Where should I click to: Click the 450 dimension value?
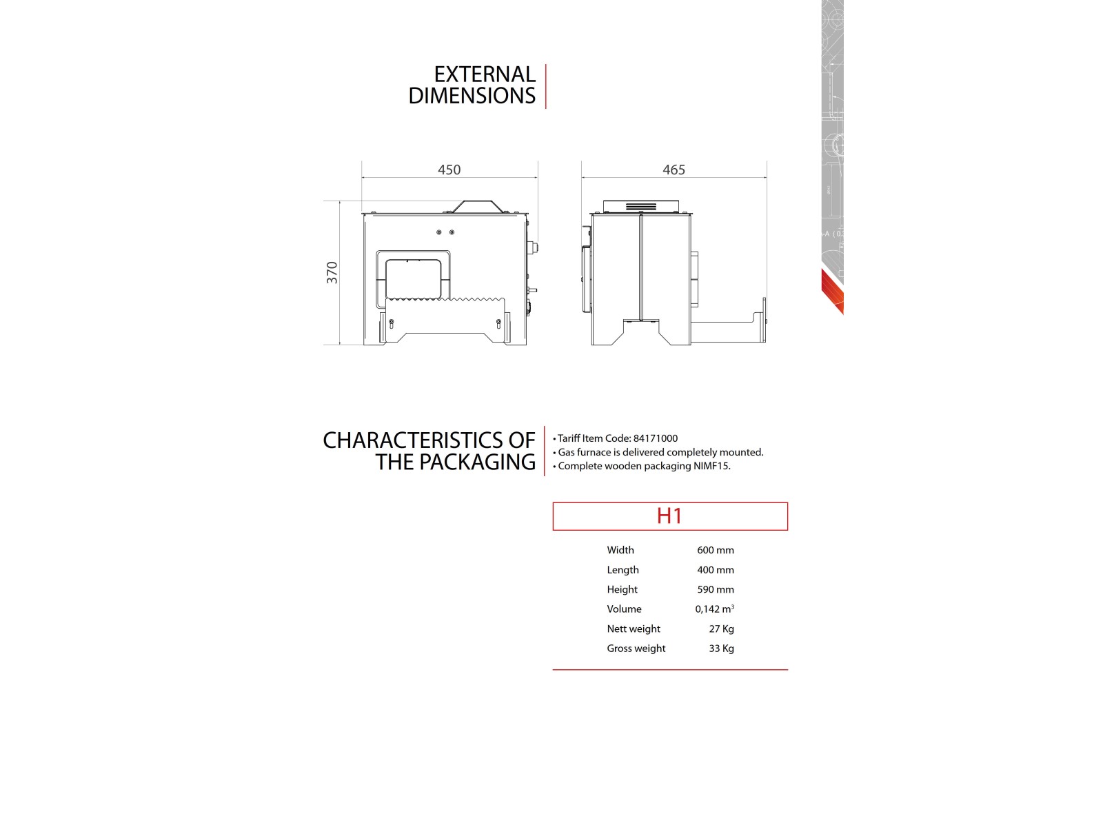[449, 170]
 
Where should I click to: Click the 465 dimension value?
[674, 170]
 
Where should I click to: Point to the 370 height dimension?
[332, 272]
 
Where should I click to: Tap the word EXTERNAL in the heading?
[484, 74]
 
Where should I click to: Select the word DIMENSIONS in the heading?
[472, 96]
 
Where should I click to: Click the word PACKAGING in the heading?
[477, 462]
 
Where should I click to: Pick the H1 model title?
[669, 516]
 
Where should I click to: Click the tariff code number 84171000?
[655, 438]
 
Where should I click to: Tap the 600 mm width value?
[715, 550]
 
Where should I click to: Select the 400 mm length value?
[715, 570]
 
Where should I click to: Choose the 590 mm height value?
[715, 589]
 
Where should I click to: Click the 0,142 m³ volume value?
[714, 609]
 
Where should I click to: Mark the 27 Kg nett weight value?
[721, 629]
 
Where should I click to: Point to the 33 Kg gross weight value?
[721, 649]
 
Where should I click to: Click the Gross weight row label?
[636, 649]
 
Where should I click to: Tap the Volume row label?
[624, 609]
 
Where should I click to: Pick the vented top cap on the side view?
[641, 206]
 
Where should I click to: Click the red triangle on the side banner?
[832, 290]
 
